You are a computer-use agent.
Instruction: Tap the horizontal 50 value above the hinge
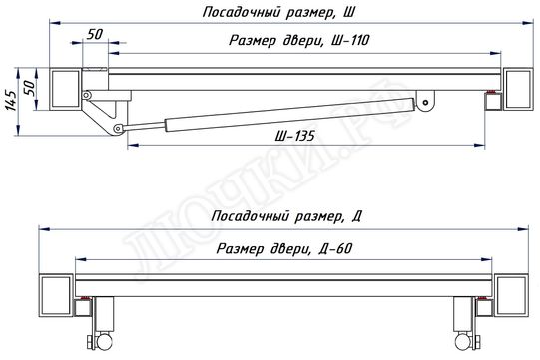click(x=96, y=34)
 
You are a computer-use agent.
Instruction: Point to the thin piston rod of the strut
click(x=144, y=125)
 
